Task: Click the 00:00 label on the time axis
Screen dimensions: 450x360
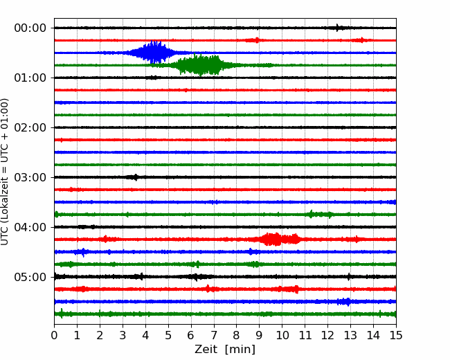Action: (x=30, y=28)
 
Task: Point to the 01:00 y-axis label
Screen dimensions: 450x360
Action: (x=30, y=78)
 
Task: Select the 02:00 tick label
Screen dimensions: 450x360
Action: (x=30, y=127)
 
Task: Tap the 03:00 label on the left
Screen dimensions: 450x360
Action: (x=30, y=177)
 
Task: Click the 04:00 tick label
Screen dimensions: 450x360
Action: (x=30, y=227)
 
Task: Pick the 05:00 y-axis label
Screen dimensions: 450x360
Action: (x=30, y=277)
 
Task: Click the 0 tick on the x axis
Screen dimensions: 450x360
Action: (x=54, y=335)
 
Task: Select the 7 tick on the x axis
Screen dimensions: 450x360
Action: (x=214, y=335)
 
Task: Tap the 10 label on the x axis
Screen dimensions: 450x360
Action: (x=282, y=335)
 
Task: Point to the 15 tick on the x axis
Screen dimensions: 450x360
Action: (x=396, y=335)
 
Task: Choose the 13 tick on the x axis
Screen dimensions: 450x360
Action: (x=350, y=335)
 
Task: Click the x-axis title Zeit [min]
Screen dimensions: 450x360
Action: (x=225, y=350)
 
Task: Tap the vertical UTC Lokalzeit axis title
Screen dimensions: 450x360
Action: (x=5, y=172)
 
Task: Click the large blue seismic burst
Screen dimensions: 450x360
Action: (x=154, y=52)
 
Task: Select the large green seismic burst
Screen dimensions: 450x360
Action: (x=201, y=65)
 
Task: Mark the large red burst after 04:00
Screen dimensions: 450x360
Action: (x=279, y=239)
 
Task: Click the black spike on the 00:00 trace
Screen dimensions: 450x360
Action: (x=339, y=28)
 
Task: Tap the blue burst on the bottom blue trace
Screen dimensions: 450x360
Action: (x=344, y=302)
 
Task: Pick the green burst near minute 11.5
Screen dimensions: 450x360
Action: (x=321, y=214)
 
